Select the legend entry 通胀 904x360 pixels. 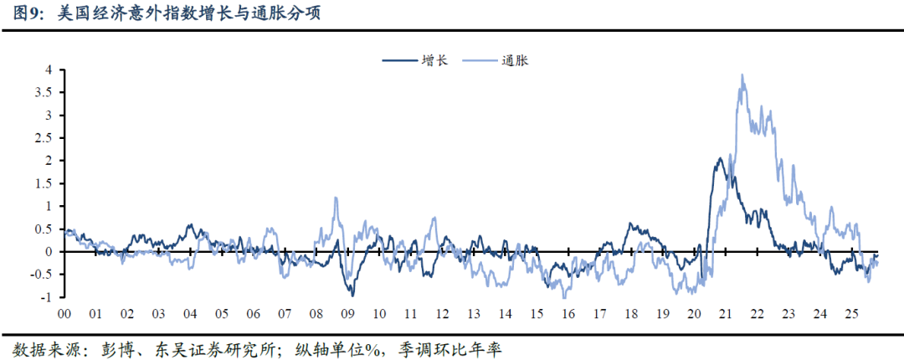[516, 60]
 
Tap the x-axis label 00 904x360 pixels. [64, 313]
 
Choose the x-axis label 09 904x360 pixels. [347, 313]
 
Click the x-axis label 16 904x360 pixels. [568, 313]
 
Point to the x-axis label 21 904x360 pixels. [726, 313]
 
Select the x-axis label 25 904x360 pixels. [852, 313]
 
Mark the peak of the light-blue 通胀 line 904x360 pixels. [742, 75]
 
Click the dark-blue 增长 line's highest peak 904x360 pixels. [721, 158]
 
